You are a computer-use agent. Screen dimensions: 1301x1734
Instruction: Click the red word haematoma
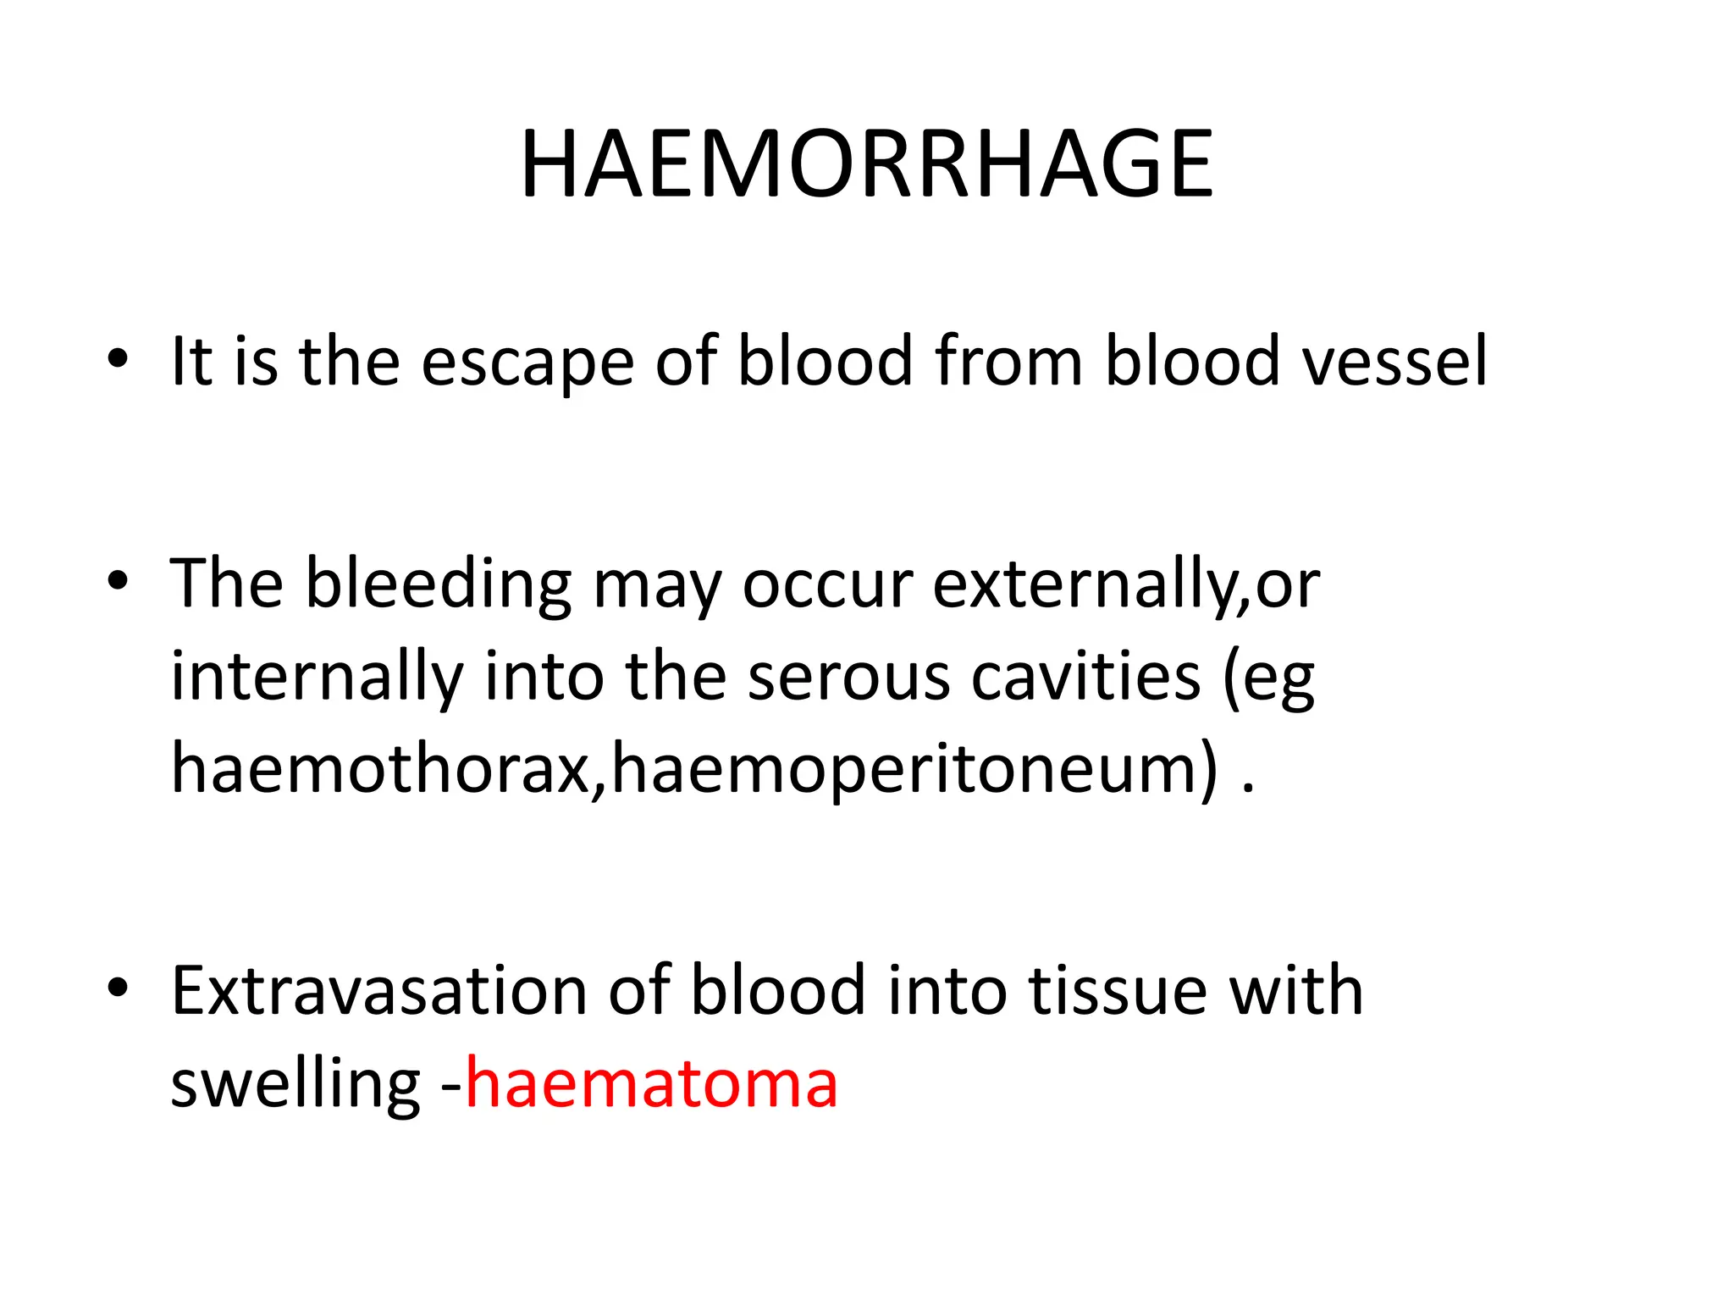click(651, 1083)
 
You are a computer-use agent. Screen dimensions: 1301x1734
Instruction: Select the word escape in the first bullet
click(527, 363)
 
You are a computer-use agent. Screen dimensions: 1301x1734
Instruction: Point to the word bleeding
click(438, 586)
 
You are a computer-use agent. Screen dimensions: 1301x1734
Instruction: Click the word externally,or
click(1125, 586)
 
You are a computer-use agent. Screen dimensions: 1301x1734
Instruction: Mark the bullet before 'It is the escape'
click(118, 359)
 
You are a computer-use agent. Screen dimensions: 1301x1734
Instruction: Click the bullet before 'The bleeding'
click(118, 581)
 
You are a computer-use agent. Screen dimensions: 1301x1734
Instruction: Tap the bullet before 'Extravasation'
click(118, 988)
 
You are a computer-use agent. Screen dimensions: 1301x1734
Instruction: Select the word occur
click(826, 586)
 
